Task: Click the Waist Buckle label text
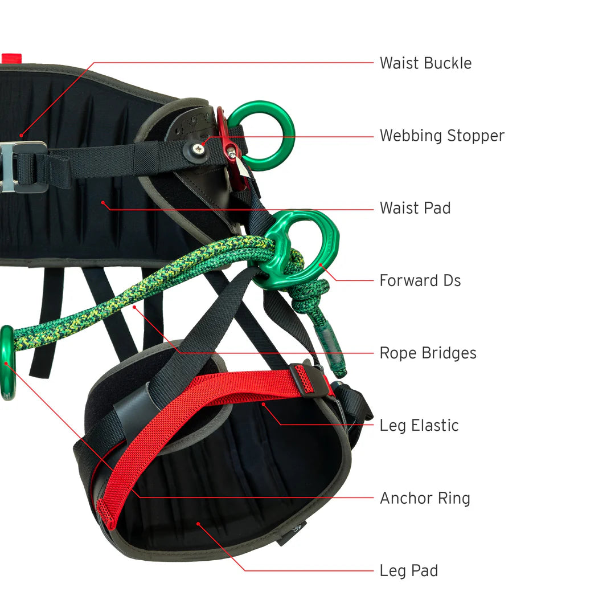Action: point(425,63)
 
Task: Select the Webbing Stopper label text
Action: point(442,136)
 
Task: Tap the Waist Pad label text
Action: point(415,208)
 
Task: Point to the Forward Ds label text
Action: point(420,280)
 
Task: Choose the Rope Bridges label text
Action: point(428,353)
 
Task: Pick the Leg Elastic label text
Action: point(419,425)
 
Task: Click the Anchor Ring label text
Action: point(425,498)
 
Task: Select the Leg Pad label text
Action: point(409,570)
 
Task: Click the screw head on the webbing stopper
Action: point(198,149)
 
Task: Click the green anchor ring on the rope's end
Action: point(7,362)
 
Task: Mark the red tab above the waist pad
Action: point(11,58)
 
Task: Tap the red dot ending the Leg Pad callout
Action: point(198,523)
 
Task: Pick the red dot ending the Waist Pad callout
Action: point(103,202)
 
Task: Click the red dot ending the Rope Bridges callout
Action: point(134,307)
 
